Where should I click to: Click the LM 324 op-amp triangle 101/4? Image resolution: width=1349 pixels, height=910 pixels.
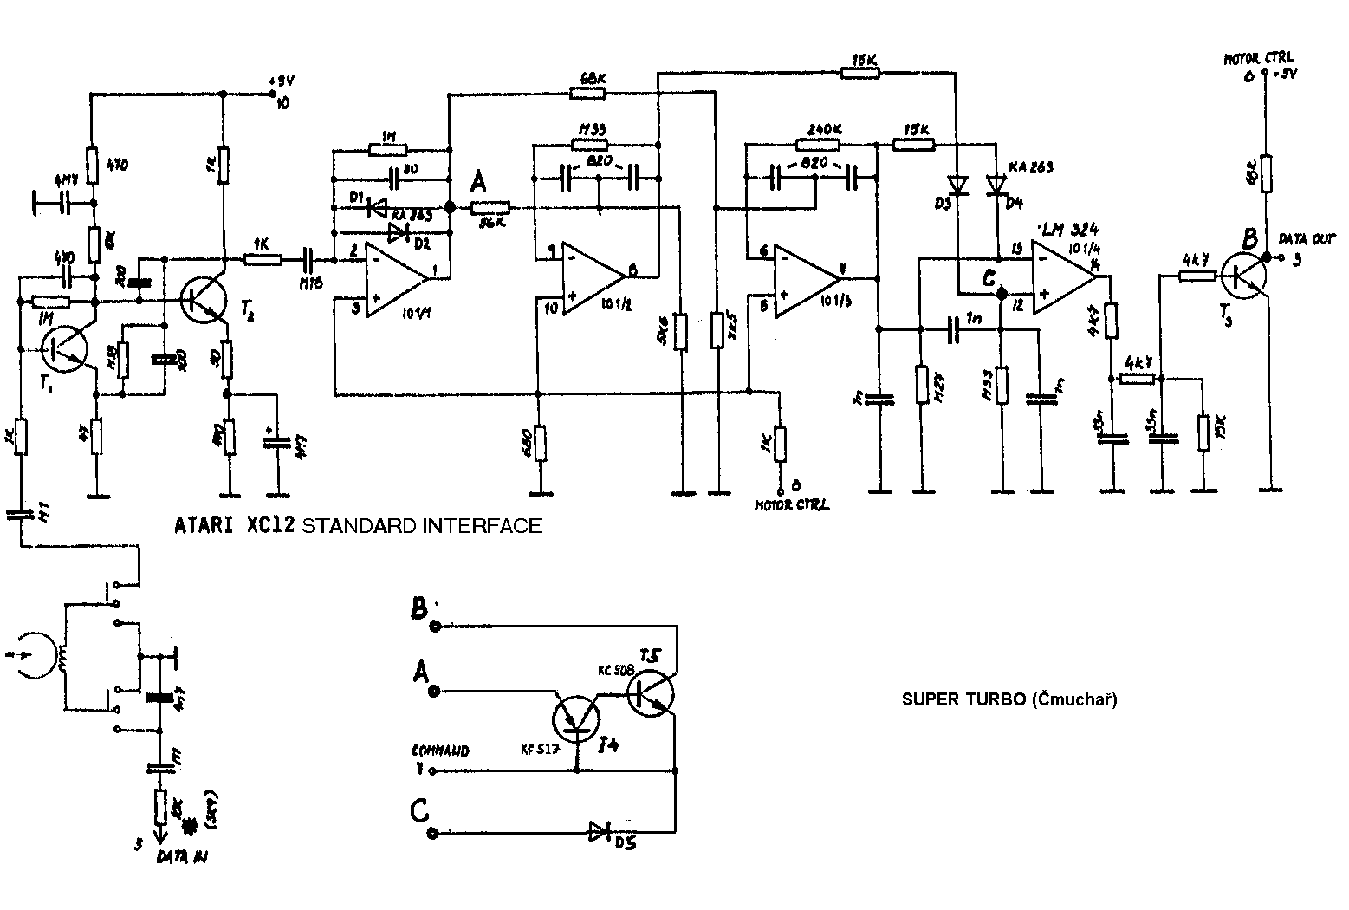(x=1065, y=277)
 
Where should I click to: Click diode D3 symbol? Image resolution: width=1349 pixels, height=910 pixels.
(x=957, y=185)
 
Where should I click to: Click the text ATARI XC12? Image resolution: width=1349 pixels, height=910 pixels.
(x=235, y=525)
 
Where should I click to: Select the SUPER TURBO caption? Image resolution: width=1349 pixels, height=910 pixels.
(x=1009, y=699)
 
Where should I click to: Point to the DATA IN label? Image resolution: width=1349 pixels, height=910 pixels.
(x=182, y=857)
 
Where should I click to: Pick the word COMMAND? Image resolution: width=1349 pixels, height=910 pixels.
(x=440, y=751)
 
